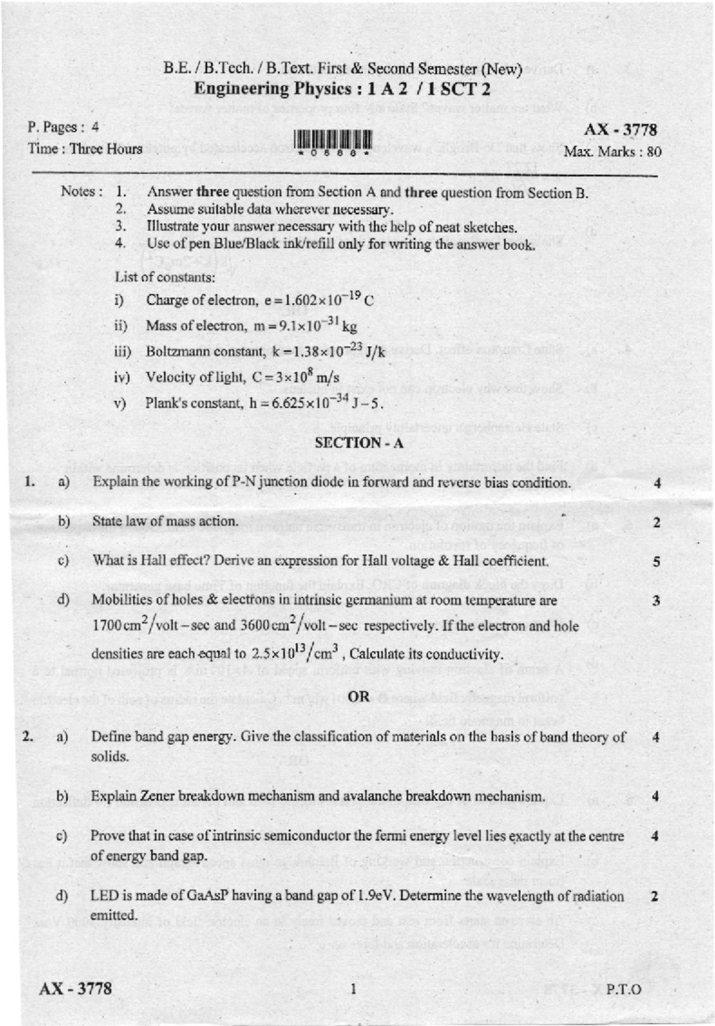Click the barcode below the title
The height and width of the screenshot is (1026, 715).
click(332, 142)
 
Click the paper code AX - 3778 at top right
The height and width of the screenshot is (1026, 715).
click(620, 129)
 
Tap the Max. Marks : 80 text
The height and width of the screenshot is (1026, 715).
click(612, 152)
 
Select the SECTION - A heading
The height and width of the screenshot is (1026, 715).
click(359, 443)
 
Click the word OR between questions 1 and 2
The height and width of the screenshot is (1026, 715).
click(358, 697)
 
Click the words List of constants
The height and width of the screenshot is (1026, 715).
click(165, 277)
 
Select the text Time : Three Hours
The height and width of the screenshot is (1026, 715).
click(85, 149)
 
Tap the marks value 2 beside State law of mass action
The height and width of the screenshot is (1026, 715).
click(656, 523)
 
